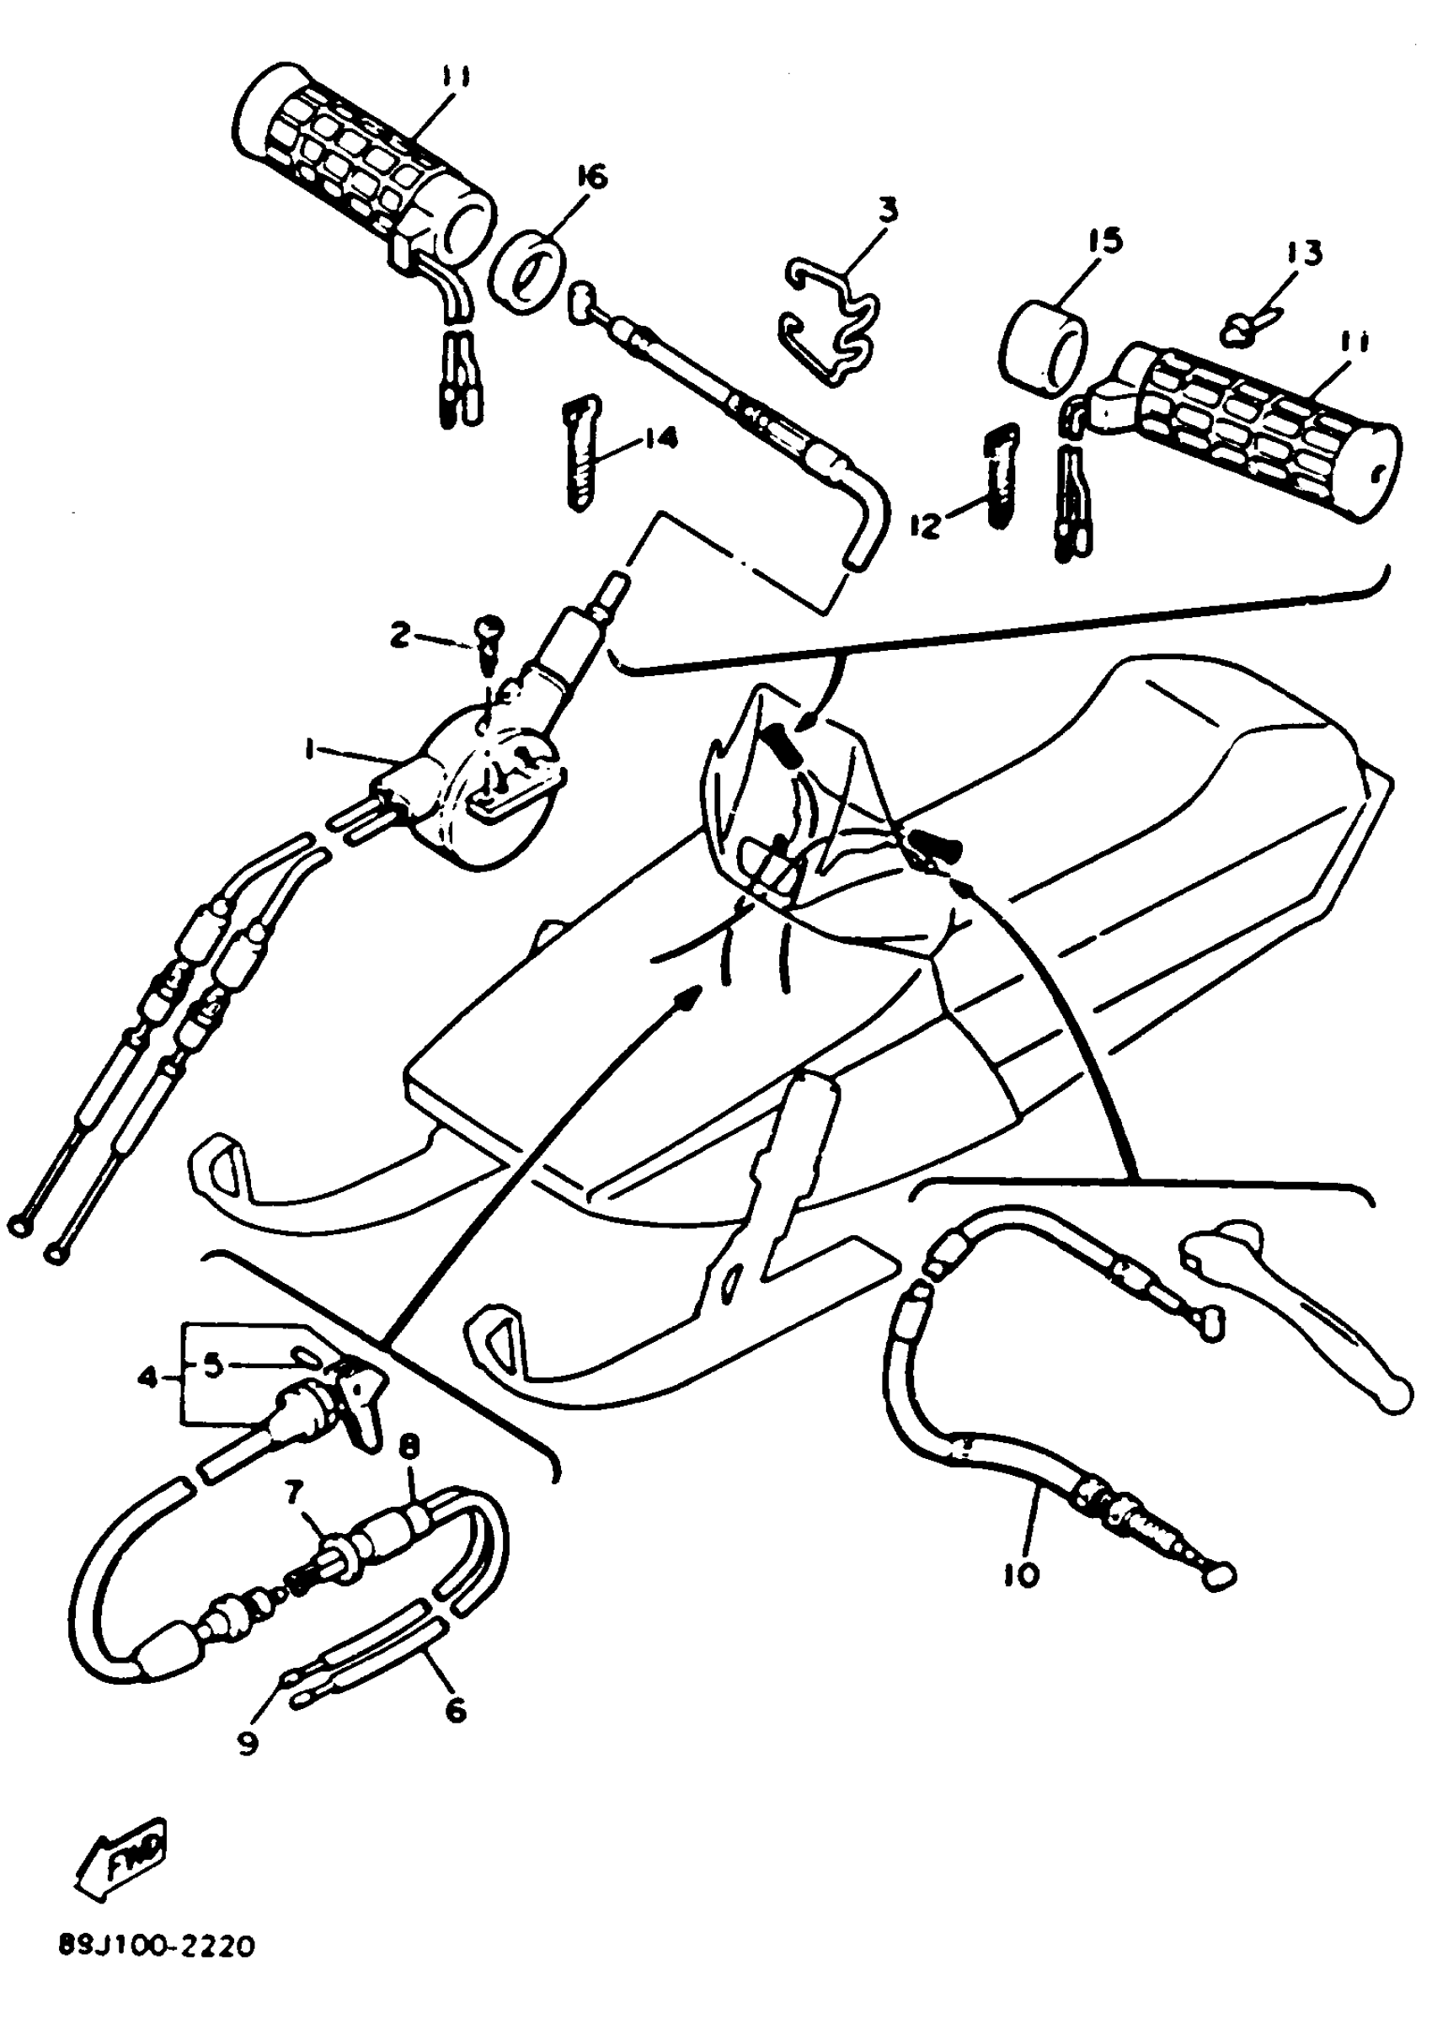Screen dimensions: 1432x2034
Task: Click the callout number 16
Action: [x=592, y=179]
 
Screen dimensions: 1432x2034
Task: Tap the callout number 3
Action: [x=888, y=210]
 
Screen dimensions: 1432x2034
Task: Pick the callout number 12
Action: [x=924, y=525]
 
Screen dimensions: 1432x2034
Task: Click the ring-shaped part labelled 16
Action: [x=526, y=269]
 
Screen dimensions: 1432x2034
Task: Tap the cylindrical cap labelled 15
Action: [x=1043, y=343]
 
